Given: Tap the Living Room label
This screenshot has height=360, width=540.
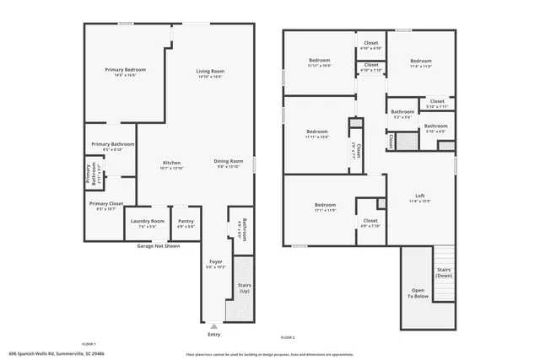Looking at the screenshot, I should tap(210, 72).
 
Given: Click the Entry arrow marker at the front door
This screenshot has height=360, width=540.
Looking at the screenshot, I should tap(214, 325).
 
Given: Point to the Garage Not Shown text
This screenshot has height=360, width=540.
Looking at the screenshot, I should tap(159, 246).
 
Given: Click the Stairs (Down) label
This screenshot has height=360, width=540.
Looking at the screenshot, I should tap(444, 272).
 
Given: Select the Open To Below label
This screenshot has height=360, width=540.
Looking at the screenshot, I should tap(418, 293).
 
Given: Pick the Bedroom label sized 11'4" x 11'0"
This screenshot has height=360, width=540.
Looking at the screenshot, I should tap(421, 62).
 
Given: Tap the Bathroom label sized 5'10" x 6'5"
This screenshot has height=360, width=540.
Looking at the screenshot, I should tap(435, 126).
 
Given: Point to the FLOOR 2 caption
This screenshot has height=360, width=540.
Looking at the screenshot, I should tap(288, 337).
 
